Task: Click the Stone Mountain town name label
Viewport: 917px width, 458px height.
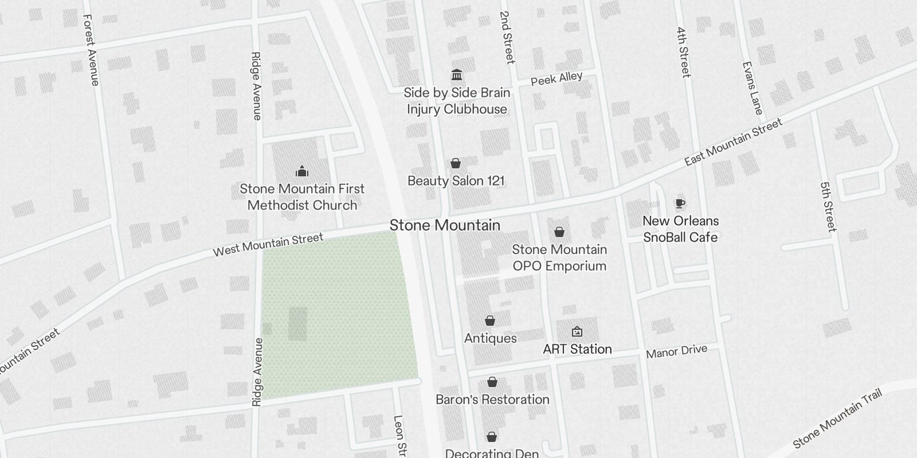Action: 445,226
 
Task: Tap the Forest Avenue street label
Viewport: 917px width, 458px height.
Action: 91,50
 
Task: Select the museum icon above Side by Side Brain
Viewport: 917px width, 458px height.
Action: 457,75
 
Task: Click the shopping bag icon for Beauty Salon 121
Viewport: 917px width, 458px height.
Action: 456,164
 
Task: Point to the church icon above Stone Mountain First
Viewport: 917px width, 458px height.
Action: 302,171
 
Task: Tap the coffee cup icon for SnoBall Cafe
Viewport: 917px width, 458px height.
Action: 680,203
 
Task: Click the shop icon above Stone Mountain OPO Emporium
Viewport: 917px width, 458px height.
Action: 559,232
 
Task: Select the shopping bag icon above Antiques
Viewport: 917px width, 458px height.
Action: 490,321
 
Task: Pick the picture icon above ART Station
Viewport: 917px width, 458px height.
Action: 577,331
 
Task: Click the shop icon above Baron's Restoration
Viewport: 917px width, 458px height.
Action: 492,382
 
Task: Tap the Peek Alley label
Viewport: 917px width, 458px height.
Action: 557,78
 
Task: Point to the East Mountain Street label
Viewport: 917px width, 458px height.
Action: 734,142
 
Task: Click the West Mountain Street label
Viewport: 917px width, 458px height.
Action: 268,244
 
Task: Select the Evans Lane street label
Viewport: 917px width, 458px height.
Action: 753,88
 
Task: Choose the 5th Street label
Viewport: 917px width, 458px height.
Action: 829,207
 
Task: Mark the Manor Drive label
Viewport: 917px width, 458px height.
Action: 676,352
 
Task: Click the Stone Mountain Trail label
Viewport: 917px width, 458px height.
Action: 837,418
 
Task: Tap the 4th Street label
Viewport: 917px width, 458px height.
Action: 683,52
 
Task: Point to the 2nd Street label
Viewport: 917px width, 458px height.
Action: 507,37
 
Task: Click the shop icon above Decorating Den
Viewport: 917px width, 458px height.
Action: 491,437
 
